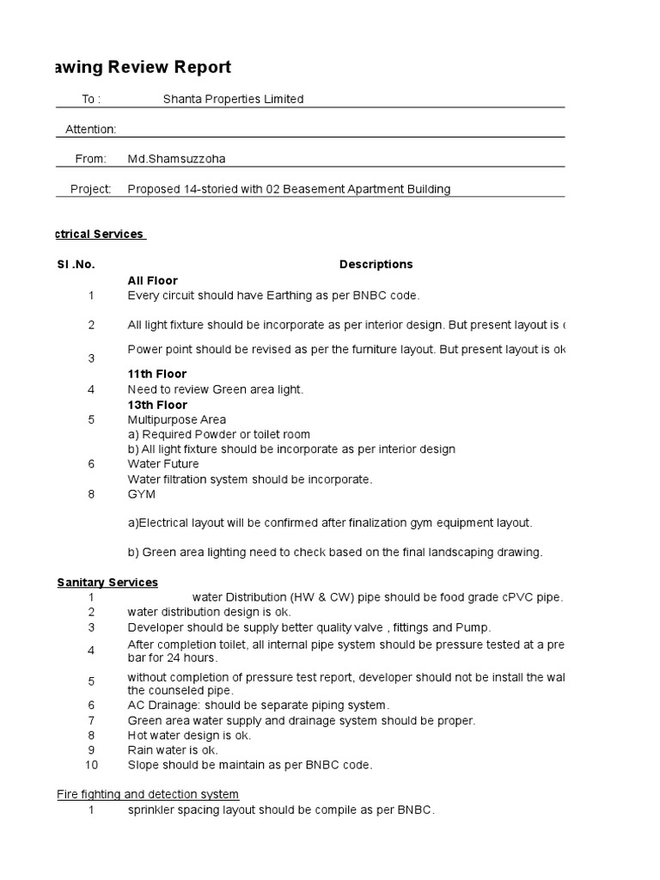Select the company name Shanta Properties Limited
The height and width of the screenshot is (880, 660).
(233, 99)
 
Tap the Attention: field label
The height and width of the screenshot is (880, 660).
(91, 129)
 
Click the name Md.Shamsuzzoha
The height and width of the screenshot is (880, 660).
(177, 159)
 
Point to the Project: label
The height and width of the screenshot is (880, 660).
(91, 189)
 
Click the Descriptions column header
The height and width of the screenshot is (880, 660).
(376, 264)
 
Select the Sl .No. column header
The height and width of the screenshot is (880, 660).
(76, 264)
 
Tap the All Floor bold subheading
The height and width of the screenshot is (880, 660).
(153, 280)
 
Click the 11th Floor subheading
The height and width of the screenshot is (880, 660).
(157, 374)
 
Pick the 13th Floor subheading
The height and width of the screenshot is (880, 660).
(157, 405)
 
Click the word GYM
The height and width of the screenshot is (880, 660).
(143, 494)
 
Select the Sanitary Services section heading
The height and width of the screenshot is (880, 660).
(107, 583)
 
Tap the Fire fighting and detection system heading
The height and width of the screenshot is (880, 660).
(148, 794)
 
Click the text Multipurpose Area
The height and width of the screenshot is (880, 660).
(177, 419)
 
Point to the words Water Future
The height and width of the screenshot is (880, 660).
(163, 464)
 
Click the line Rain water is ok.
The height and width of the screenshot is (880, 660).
(173, 750)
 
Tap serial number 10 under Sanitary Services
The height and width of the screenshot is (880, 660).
(91, 765)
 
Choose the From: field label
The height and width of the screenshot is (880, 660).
(91, 159)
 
